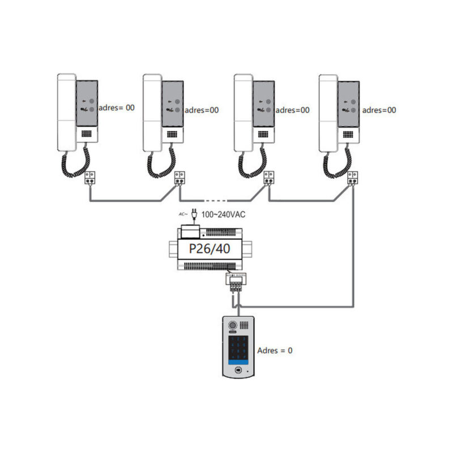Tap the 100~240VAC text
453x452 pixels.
[x=224, y=215]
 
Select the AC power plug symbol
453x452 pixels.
[x=194, y=215]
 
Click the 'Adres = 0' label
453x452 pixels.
[x=275, y=350]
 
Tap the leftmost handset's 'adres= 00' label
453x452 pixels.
[x=117, y=107]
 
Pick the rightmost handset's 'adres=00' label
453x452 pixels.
[x=379, y=110]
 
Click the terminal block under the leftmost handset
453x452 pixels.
[x=91, y=178]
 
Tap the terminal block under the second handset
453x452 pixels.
[x=180, y=178]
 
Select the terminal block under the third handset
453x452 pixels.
[x=270, y=178]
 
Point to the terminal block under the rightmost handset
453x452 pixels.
[x=353, y=178]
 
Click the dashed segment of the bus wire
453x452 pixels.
[x=216, y=200]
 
